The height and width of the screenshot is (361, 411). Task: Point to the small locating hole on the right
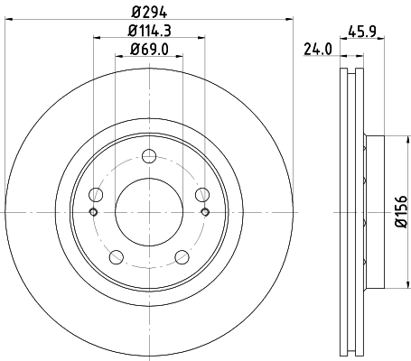[x=205, y=212]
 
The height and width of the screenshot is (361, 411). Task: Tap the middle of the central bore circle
[x=149, y=211]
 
